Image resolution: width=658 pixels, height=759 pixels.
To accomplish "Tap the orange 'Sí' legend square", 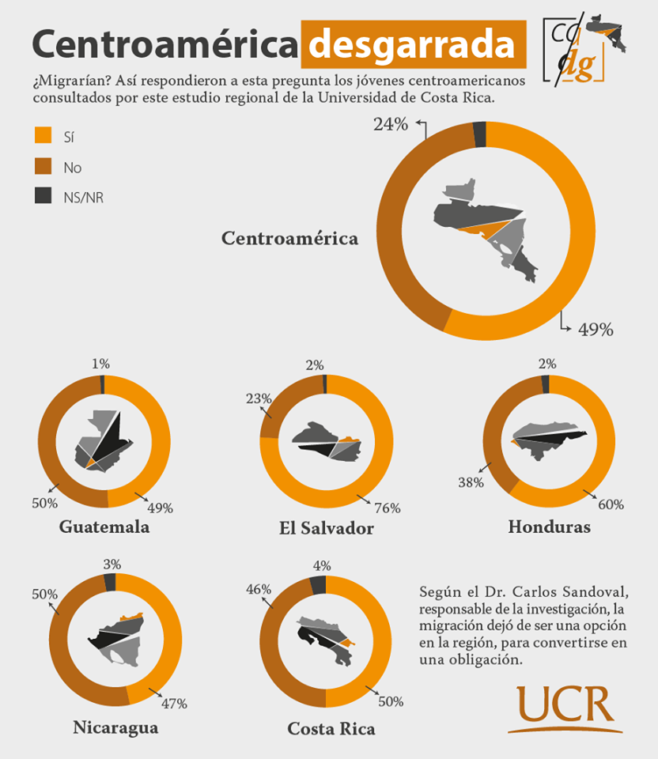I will click(43, 136).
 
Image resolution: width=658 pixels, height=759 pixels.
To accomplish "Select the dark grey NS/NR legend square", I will click(43, 196).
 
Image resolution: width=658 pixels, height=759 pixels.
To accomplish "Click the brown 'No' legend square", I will click(43, 166).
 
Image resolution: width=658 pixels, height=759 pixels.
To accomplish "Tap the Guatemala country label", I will click(104, 527).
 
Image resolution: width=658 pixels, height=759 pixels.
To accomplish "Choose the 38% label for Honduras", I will click(471, 481).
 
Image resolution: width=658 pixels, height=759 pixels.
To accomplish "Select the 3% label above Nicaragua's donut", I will click(112, 564).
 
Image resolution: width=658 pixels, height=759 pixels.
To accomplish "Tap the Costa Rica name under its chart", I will click(331, 727).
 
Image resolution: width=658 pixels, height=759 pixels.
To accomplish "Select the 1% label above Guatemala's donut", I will click(100, 364).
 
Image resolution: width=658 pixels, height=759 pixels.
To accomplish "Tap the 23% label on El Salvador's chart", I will click(259, 399).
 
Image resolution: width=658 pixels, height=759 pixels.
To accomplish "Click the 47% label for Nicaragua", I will click(173, 703).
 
